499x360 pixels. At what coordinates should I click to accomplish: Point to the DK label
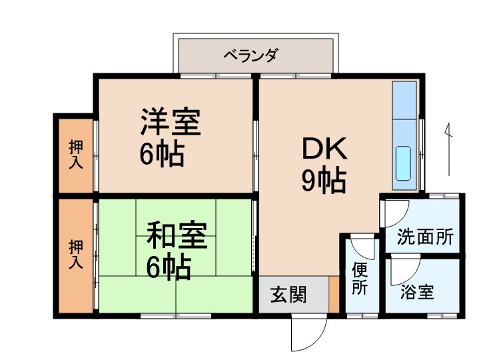pyautogui.click(x=324, y=149)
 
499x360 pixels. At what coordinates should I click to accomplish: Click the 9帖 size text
pyautogui.click(x=324, y=180)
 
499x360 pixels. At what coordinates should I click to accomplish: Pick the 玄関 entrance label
pyautogui.click(x=288, y=294)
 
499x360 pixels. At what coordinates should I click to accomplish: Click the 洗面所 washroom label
pyautogui.click(x=425, y=237)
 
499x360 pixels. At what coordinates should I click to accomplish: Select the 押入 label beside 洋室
pyautogui.click(x=76, y=154)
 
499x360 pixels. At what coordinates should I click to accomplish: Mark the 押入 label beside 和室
pyautogui.click(x=76, y=254)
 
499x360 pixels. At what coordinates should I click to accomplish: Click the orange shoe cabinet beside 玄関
pyautogui.click(x=334, y=294)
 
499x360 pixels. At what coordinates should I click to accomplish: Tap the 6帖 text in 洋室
pyautogui.click(x=162, y=154)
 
